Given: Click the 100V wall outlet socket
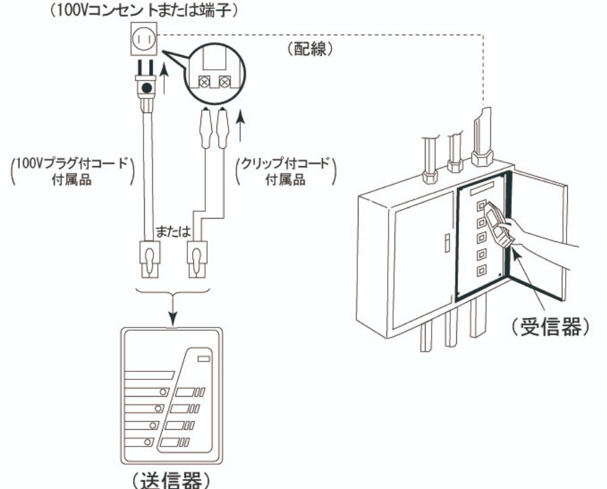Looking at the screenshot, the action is point(144,39).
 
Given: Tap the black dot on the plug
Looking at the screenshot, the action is point(147,88).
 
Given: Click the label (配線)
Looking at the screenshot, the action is point(310,49).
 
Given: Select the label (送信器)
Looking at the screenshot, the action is point(171,480).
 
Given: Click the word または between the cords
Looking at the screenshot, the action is point(173,231).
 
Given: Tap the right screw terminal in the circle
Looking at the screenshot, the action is point(224,82).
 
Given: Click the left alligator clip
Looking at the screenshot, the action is point(205,128).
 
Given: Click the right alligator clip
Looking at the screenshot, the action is point(222,128).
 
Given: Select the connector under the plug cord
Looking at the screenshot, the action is point(149,259).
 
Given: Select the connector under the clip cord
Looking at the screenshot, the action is point(197,259).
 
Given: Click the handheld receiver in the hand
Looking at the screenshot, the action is point(499,224).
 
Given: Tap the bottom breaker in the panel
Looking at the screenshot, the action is point(481,270).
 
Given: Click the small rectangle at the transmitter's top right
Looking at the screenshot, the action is point(204,359).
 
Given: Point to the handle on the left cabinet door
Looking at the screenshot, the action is point(447,243).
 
